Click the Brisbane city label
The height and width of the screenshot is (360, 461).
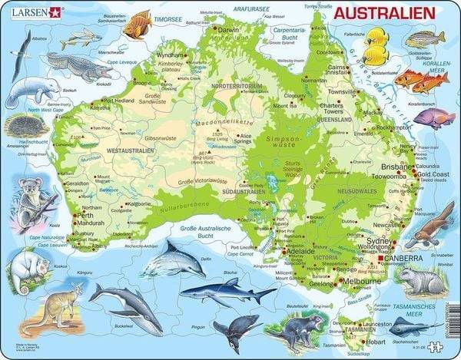tap(393, 165)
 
